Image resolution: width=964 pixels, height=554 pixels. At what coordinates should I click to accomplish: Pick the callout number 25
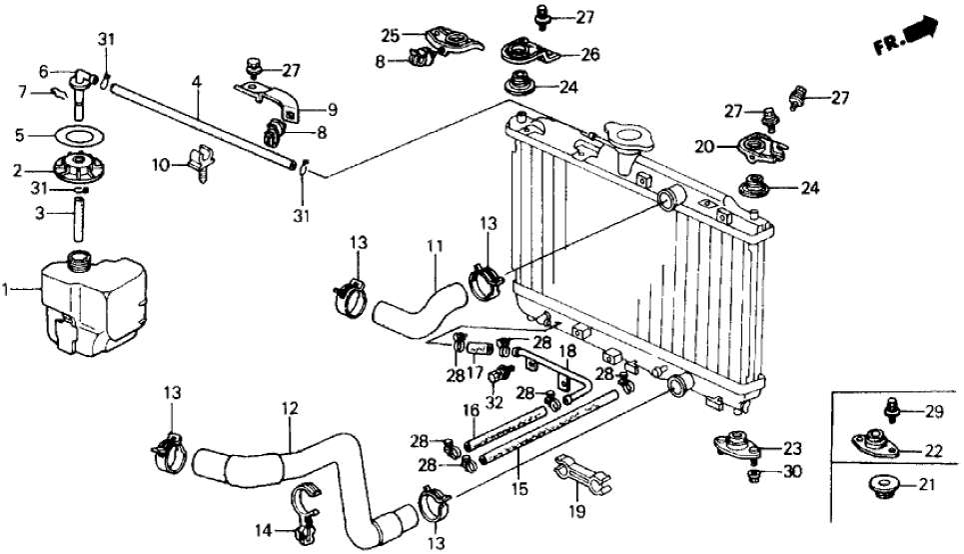(x=389, y=36)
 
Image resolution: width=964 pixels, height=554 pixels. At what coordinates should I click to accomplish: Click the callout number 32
(x=492, y=403)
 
